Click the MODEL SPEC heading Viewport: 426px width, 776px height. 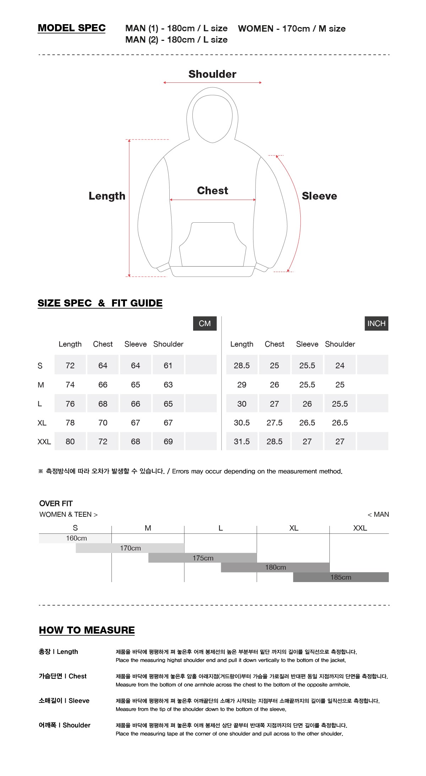[72, 28]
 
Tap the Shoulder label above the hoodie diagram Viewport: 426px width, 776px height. [212, 74]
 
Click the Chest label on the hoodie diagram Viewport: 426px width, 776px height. [212, 191]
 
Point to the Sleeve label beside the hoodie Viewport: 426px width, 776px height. [319, 196]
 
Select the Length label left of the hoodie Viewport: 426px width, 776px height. [107, 196]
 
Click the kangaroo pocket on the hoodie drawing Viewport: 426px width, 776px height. [212, 245]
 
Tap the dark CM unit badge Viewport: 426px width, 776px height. [205, 324]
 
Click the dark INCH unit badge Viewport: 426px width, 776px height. [376, 324]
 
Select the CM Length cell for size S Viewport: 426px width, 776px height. [70, 365]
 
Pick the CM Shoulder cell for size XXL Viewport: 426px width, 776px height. [168, 441]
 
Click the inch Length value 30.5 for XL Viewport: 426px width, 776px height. [241, 423]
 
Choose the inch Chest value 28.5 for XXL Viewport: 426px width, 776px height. [274, 441]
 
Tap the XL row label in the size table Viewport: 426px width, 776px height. [42, 423]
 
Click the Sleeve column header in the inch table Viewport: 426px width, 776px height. [307, 344]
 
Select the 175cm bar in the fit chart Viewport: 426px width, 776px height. [202, 558]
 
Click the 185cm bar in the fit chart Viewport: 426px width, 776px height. [341, 577]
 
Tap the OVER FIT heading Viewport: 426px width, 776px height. [56, 504]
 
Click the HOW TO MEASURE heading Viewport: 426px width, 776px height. [87, 630]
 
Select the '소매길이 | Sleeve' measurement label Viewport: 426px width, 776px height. [64, 701]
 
